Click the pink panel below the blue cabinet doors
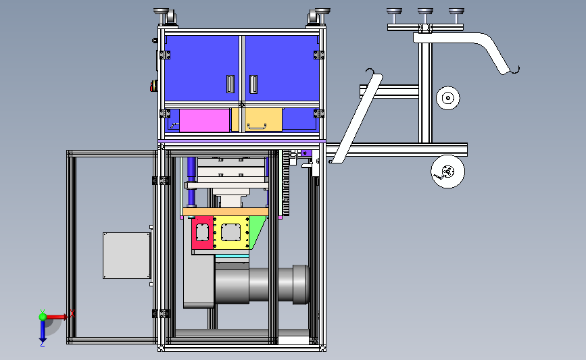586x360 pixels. click(204, 120)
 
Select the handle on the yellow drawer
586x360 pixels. click(256, 127)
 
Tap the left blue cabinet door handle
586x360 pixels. click(230, 84)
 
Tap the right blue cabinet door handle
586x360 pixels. click(253, 84)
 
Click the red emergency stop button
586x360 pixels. click(153, 86)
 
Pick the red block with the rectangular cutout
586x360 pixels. click(202, 232)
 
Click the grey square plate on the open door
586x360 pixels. click(126, 256)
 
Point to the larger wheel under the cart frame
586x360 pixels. click(447, 172)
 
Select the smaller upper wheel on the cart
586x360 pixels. click(447, 98)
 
